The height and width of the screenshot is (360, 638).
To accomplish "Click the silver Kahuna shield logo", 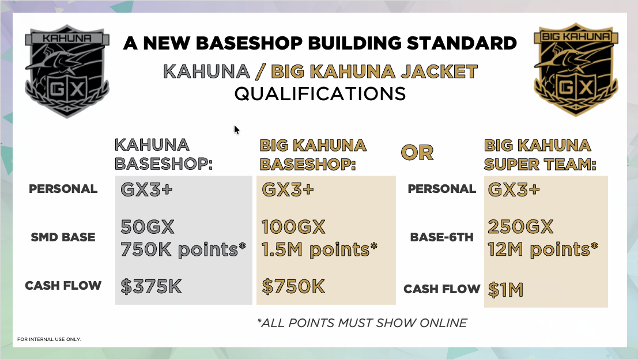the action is pyautogui.click(x=67, y=71).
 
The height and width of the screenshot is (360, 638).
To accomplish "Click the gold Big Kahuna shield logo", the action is pyautogui.click(x=576, y=70).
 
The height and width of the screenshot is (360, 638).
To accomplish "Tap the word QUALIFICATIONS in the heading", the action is pyautogui.click(x=320, y=93).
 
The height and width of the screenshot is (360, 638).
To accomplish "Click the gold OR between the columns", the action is pyautogui.click(x=417, y=153).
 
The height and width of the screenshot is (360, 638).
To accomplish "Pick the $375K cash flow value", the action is pyautogui.click(x=151, y=286).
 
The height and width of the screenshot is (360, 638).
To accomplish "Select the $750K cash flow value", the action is pyautogui.click(x=293, y=286).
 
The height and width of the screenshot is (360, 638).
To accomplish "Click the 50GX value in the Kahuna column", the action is pyautogui.click(x=148, y=227).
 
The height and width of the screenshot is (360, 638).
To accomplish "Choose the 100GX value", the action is pyautogui.click(x=293, y=227).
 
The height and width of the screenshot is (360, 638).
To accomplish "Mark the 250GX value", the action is pyautogui.click(x=520, y=227).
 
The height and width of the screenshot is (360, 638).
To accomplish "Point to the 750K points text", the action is pyautogui.click(x=183, y=249).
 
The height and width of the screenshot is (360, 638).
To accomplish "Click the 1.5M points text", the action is pyautogui.click(x=319, y=249).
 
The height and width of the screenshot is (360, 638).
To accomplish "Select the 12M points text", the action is pyautogui.click(x=543, y=249).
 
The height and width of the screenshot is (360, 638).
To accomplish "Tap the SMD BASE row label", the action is pyautogui.click(x=63, y=237).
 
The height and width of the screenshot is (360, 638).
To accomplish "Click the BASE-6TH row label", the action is pyautogui.click(x=442, y=237).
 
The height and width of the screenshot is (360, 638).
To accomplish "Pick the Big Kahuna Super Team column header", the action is pyautogui.click(x=540, y=154).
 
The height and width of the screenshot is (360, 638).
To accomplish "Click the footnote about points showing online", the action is pyautogui.click(x=362, y=323).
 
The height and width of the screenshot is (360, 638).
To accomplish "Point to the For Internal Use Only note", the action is pyautogui.click(x=49, y=339).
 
